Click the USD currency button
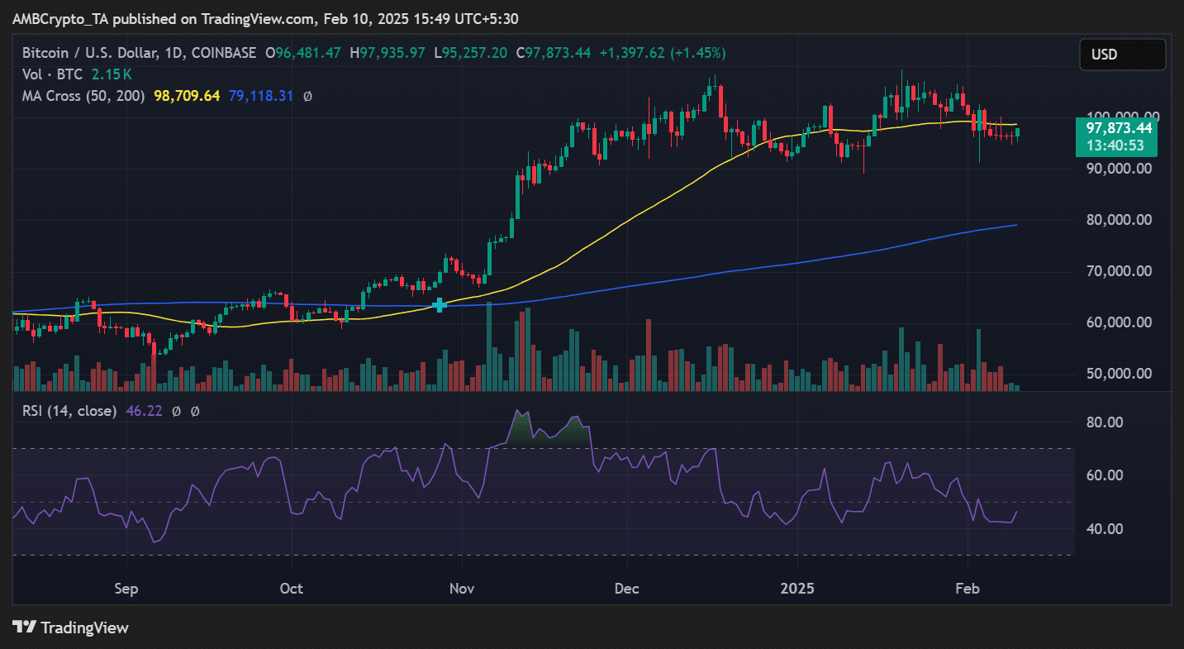(1121, 55)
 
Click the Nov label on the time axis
(462, 589)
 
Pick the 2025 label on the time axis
(798, 589)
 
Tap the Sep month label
(125, 589)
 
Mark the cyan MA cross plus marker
(440, 305)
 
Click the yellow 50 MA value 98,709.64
(187, 96)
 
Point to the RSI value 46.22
(143, 410)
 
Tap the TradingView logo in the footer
(71, 628)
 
